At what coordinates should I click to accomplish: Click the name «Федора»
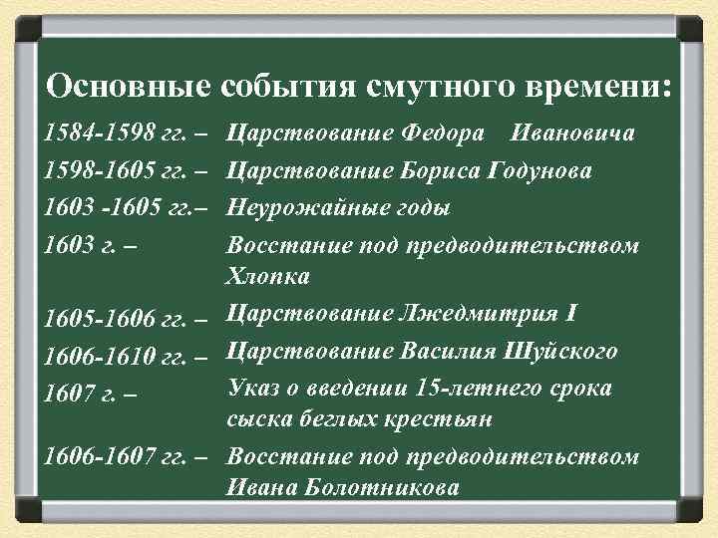point(446,134)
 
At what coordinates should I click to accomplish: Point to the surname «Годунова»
point(539,171)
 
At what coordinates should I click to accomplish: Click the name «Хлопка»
point(268,276)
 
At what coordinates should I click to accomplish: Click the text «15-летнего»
point(474,389)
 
